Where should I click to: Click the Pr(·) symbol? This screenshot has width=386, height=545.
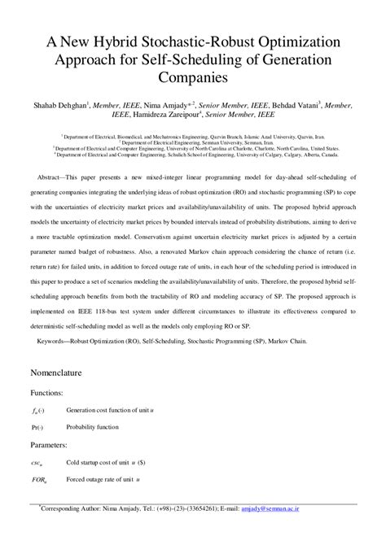click(37, 427)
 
